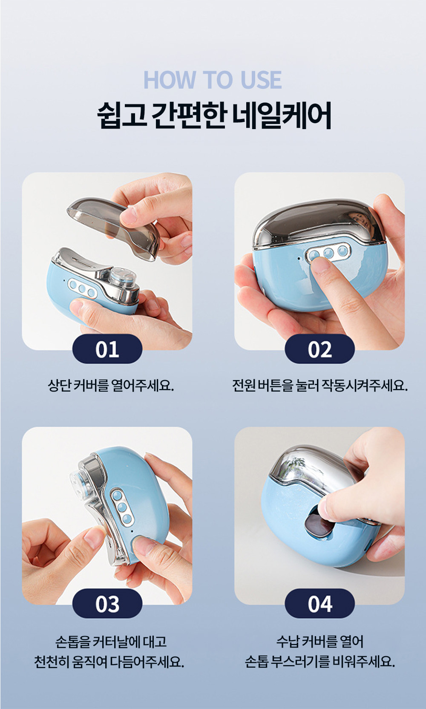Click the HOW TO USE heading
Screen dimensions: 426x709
click(213, 80)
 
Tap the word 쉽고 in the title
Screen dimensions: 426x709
click(121, 115)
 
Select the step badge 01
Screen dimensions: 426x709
click(107, 349)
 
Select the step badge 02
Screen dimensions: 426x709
click(319, 349)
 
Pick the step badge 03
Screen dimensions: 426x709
click(107, 604)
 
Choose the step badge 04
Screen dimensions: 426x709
click(319, 604)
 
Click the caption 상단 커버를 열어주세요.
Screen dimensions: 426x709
click(111, 386)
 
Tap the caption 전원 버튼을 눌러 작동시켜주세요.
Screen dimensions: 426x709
click(319, 386)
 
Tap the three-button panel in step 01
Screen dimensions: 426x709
click(82, 288)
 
